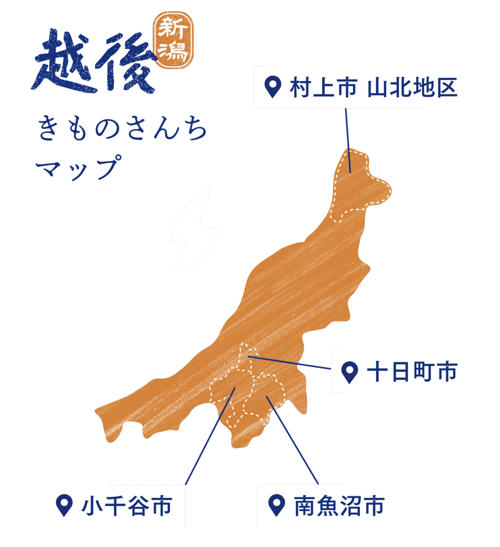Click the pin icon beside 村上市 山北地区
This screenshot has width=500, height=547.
[x=273, y=87]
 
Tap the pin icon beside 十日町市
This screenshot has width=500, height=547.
[x=349, y=371]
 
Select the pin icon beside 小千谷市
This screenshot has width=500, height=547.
[x=64, y=505]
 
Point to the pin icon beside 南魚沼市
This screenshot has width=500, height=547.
[x=277, y=505]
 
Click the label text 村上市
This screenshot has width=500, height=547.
[x=323, y=87]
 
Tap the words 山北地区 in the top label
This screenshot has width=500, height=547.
[x=412, y=87]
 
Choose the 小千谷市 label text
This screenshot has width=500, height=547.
[x=127, y=506]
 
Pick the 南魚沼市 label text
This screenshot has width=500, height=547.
[x=340, y=506]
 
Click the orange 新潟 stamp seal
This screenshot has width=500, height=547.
[x=173, y=42]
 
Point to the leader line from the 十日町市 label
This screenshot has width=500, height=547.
[x=290, y=362]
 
